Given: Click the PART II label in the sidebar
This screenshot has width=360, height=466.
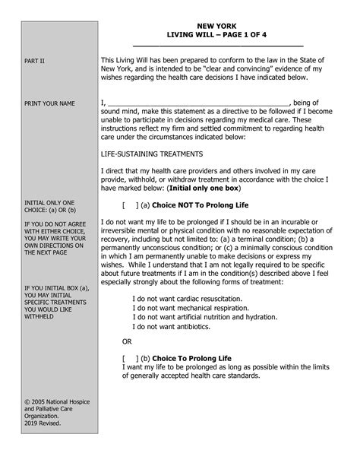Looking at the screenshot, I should pos(36,61).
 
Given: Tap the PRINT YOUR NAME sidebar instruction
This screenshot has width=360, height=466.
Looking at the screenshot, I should pos(51,103).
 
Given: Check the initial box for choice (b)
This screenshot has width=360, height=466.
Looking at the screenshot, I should pos(128,357).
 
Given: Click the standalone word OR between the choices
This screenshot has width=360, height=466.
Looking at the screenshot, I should pos(127,341).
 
